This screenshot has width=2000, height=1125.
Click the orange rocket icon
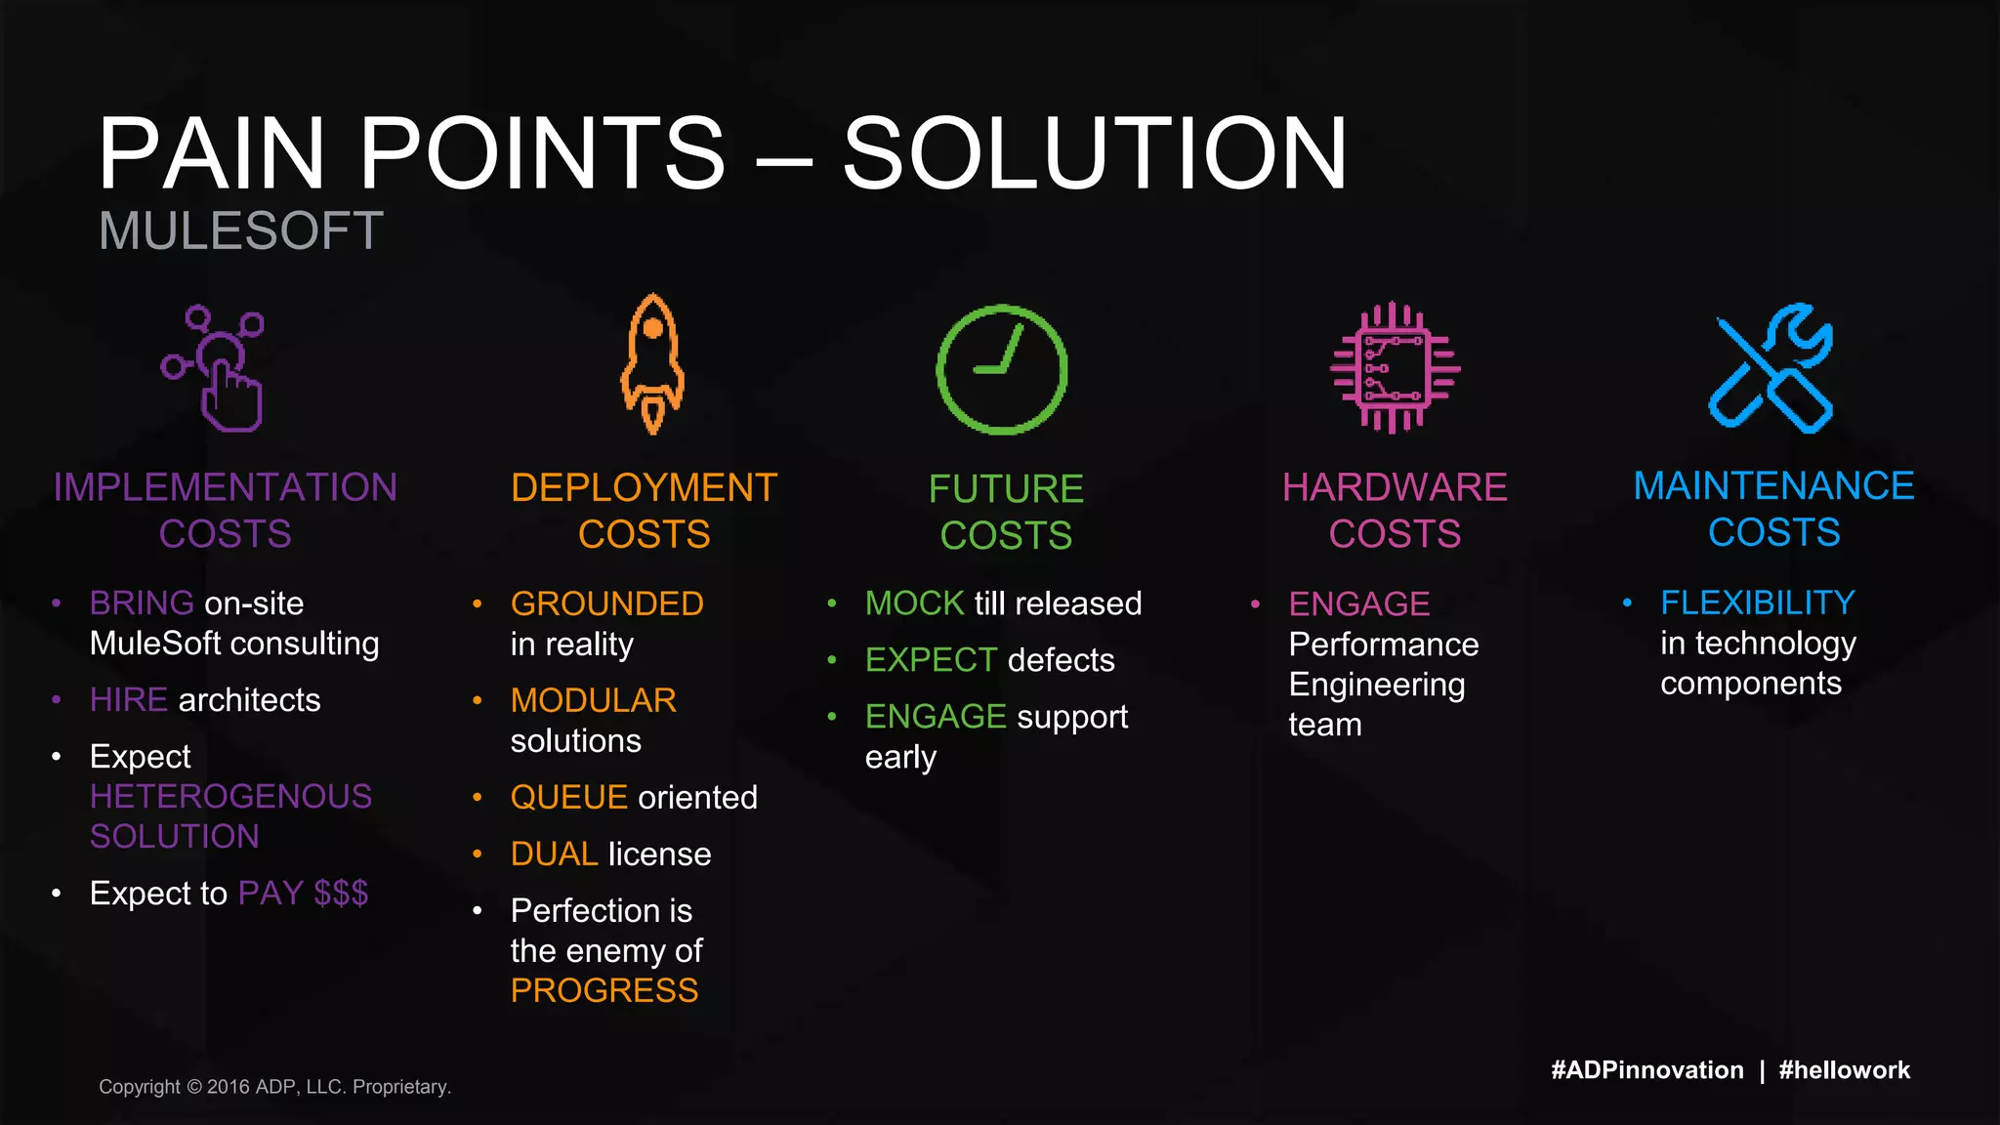click(x=652, y=363)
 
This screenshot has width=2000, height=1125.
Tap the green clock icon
click(x=1002, y=369)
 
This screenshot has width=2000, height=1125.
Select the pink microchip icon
click(x=1395, y=368)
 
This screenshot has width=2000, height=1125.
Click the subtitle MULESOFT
click(x=240, y=231)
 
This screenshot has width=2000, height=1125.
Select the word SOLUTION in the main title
click(x=1094, y=153)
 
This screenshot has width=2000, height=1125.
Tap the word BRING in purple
click(x=142, y=604)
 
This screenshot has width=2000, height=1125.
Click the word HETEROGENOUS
click(x=230, y=797)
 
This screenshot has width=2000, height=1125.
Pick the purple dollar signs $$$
click(x=341, y=894)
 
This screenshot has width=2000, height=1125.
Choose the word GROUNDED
click(x=606, y=604)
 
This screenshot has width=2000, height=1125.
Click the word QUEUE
click(x=568, y=798)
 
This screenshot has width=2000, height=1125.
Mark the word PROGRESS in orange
click(x=604, y=991)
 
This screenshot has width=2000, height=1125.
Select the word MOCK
click(x=914, y=604)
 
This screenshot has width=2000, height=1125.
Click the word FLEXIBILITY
click(x=1757, y=604)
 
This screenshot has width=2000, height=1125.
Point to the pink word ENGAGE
click(x=1358, y=604)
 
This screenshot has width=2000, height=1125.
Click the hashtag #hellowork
click(x=1844, y=1070)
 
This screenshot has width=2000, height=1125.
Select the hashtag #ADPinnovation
click(x=1646, y=1070)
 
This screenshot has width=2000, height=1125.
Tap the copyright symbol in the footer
click(x=193, y=1087)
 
